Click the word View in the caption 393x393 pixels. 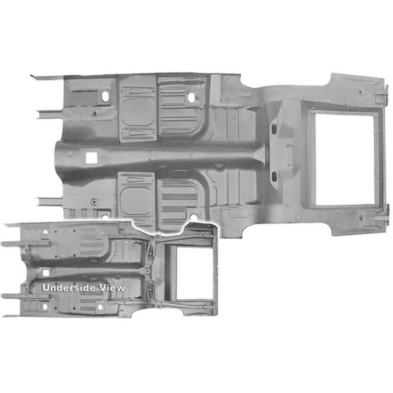(x=112, y=288)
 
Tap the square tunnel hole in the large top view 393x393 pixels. (x=91, y=158)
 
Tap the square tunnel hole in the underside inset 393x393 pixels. (x=46, y=273)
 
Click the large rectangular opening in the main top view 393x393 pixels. (x=345, y=159)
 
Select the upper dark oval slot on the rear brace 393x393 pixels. (x=274, y=128)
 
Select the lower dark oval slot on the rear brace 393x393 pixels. (x=274, y=177)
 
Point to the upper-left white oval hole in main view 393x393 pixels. (x=105, y=96)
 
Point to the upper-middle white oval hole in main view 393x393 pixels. (x=192, y=97)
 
